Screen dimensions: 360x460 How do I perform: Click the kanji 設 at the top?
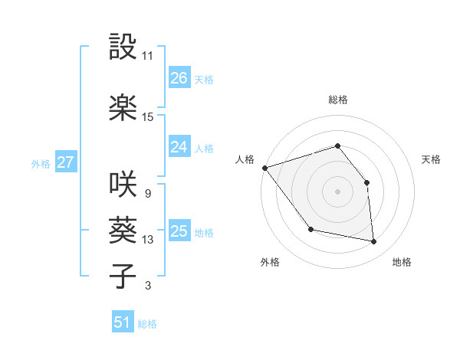click(x=122, y=47)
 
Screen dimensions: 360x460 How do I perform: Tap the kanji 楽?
click(x=122, y=107)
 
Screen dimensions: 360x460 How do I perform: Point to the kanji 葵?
click(x=122, y=229)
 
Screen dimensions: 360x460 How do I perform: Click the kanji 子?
click(x=122, y=275)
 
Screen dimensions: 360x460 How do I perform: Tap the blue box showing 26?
click(x=179, y=78)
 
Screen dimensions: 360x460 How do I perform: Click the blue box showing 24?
click(x=179, y=147)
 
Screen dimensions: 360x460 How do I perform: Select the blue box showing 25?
click(x=179, y=231)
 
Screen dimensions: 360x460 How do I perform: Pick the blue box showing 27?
click(x=65, y=162)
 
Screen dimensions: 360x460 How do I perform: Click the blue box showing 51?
click(x=123, y=323)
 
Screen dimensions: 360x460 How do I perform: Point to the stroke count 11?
click(x=148, y=56)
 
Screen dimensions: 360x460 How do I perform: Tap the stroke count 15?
click(x=148, y=117)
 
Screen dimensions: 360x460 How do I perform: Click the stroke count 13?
click(x=148, y=240)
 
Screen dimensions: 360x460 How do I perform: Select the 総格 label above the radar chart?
click(x=337, y=100)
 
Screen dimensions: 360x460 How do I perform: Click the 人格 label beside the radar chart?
click(x=245, y=159)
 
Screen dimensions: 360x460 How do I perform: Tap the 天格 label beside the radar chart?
click(x=431, y=159)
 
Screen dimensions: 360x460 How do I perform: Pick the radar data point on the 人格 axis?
click(x=264, y=168)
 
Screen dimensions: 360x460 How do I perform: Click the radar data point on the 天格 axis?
click(x=366, y=182)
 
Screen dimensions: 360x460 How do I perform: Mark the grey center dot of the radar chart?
click(x=337, y=191)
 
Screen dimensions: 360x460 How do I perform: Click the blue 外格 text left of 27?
click(x=40, y=163)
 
